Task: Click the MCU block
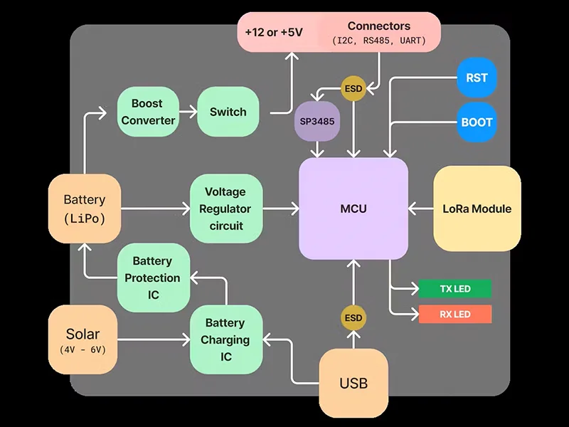click(353, 209)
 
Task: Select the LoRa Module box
click(477, 209)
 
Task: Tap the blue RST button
click(477, 78)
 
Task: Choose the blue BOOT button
click(477, 122)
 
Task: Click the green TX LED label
click(454, 289)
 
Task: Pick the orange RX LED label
click(454, 314)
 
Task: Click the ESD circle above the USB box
click(353, 317)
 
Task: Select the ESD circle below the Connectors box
click(353, 88)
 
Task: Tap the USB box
click(353, 384)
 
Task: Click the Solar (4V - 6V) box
click(83, 339)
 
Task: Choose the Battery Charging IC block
click(225, 339)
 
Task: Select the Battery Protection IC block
click(154, 278)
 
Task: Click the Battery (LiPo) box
click(84, 209)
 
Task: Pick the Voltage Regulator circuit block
click(225, 209)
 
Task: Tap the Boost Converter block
click(148, 112)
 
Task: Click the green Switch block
click(228, 112)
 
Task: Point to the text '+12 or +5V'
click(274, 33)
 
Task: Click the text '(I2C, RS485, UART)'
click(379, 41)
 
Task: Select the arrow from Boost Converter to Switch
click(187, 112)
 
